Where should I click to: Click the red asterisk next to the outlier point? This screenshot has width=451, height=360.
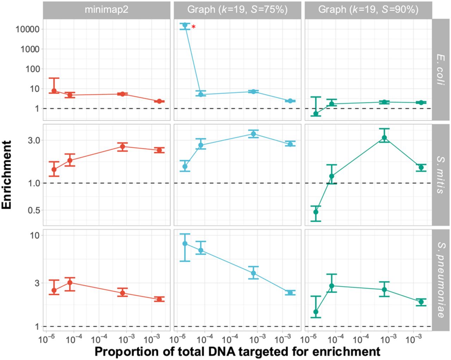click(x=193, y=27)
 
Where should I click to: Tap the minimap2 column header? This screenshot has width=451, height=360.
click(x=106, y=10)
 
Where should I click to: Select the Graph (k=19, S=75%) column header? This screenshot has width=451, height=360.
click(x=237, y=10)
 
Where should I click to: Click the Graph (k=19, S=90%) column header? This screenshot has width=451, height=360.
click(x=368, y=10)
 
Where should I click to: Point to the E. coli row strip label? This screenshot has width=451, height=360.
click(x=441, y=69)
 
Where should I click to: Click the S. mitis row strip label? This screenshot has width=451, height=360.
click(x=441, y=175)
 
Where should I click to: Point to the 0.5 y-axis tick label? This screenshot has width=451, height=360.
click(x=34, y=210)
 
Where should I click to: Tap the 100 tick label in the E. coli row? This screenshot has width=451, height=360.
click(x=32, y=69)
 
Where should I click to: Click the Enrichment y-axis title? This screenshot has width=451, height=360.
click(x=6, y=175)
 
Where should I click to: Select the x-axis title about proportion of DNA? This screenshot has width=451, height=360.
click(x=237, y=352)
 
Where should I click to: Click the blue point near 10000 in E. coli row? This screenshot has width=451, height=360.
click(x=185, y=25)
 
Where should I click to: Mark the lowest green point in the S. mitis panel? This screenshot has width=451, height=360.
click(x=316, y=212)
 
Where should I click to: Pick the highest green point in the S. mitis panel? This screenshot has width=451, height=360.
click(x=384, y=138)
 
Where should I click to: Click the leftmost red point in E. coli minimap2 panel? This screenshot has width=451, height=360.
click(x=54, y=91)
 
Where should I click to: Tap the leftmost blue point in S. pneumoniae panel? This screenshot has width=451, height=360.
click(x=185, y=243)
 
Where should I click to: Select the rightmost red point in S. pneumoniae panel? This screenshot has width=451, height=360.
click(x=159, y=299)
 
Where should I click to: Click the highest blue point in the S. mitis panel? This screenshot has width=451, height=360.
click(x=253, y=134)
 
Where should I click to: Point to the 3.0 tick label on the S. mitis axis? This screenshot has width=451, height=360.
click(x=34, y=141)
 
